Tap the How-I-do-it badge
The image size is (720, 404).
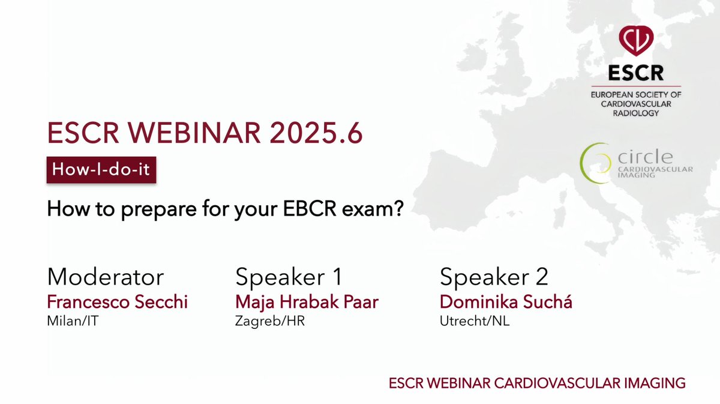point(102,170)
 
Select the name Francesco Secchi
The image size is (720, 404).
point(117,302)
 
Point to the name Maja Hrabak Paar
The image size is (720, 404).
point(307,302)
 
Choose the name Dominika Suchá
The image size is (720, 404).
point(506,302)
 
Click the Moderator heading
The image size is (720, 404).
point(105,277)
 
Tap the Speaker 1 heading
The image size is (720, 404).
point(289,277)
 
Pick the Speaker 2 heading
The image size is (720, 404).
point(494,277)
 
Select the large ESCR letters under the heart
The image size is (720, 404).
point(636,73)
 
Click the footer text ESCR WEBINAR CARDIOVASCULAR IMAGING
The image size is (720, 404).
point(537,382)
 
